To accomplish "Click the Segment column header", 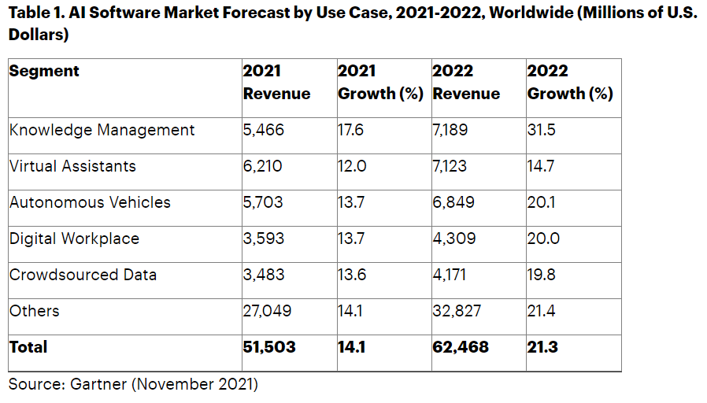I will [x=44, y=71].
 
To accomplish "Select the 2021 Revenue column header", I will [x=276, y=82].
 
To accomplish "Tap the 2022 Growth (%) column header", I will [x=569, y=82].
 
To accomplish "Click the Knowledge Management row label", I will [x=102, y=130].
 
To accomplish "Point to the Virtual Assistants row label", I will [x=72, y=166].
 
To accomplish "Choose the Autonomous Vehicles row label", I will [x=90, y=202].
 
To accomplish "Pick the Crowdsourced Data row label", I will [x=83, y=275].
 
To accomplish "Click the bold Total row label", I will [x=28, y=347].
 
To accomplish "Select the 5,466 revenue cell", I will [x=264, y=130].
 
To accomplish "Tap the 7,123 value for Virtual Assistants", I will [x=451, y=166].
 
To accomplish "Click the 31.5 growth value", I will [x=541, y=130].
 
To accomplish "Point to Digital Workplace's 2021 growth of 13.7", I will [x=351, y=238].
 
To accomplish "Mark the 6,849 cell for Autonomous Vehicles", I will [x=453, y=202].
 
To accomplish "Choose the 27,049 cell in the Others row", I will [x=268, y=311].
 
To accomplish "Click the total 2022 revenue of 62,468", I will [x=461, y=347].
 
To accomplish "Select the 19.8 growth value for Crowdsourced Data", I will [x=542, y=275].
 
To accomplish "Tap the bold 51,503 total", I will [x=269, y=347].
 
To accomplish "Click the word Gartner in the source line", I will [x=97, y=384].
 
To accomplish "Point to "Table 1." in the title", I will [x=38, y=14].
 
